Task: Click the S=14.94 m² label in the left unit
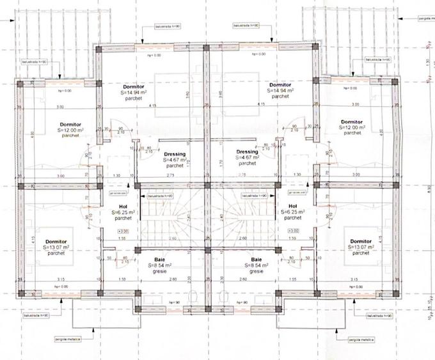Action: [135, 91]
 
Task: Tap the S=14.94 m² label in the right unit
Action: [280, 91]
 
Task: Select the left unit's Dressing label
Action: [175, 154]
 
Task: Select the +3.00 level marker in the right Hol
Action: [294, 231]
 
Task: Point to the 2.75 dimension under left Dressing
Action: [171, 175]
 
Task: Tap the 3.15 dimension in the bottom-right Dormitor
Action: [354, 279]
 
